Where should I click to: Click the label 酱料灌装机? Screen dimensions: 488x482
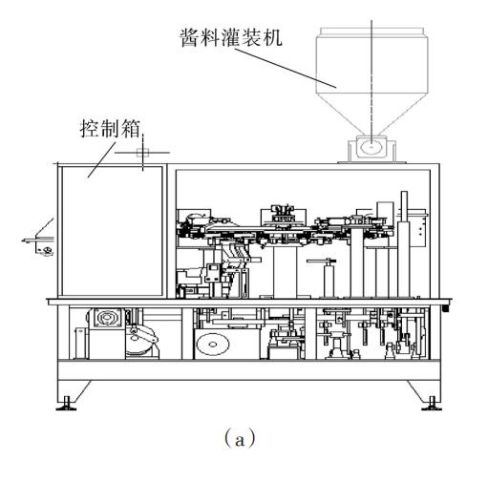click(231, 37)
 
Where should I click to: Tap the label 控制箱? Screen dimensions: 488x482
click(110, 129)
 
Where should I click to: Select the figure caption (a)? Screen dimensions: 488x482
click(240, 439)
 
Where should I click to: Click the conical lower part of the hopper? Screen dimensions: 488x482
click(371, 114)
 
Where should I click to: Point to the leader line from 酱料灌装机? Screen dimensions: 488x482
click(287, 68)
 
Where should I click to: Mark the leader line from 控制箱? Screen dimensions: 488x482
click(102, 159)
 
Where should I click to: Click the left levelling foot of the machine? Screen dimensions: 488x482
click(66, 404)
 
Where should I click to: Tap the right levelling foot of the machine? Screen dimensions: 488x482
click(432, 404)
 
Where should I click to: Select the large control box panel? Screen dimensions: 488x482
click(112, 231)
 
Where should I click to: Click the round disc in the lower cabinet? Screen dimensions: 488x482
click(213, 345)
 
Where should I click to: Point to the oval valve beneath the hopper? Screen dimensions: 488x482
click(371, 147)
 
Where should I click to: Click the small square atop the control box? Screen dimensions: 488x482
click(142, 153)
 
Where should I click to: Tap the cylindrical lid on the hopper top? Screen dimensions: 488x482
click(371, 31)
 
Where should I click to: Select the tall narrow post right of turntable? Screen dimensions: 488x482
click(404, 244)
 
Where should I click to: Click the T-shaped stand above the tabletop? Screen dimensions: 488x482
click(329, 278)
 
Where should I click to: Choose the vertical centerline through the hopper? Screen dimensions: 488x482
click(371, 84)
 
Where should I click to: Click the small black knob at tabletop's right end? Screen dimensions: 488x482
click(446, 308)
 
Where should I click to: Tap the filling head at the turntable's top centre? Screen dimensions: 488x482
click(283, 212)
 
